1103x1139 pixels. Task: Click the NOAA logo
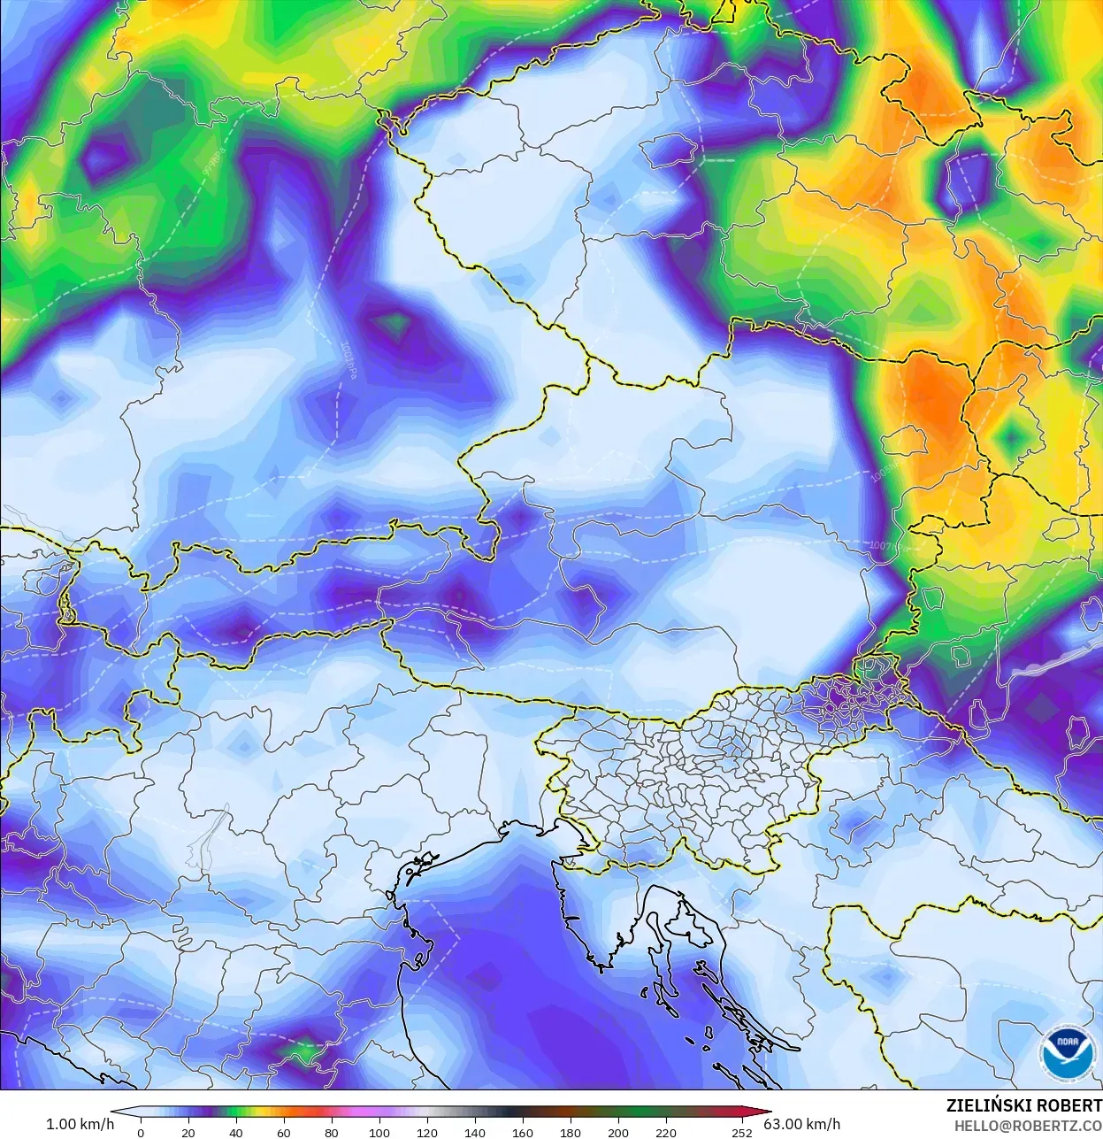[1067, 1052]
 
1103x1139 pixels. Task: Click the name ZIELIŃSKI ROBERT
[1023, 1105]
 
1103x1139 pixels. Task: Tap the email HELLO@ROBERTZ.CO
[1028, 1126]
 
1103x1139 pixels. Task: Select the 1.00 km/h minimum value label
[80, 1124]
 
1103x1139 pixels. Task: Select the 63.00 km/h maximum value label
[802, 1124]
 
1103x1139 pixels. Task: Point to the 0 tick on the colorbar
[141, 1133]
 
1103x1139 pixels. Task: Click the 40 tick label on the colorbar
[235, 1133]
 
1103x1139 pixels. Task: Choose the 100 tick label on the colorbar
[379, 1133]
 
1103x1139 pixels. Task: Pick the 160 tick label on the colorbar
[522, 1133]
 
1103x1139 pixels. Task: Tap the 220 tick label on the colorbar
[665, 1133]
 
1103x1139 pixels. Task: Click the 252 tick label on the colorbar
[741, 1133]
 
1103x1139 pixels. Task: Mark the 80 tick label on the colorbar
[331, 1133]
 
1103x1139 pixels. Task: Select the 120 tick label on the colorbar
[426, 1133]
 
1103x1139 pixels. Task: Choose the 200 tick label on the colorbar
[617, 1133]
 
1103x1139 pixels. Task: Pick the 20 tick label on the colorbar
[188, 1133]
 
